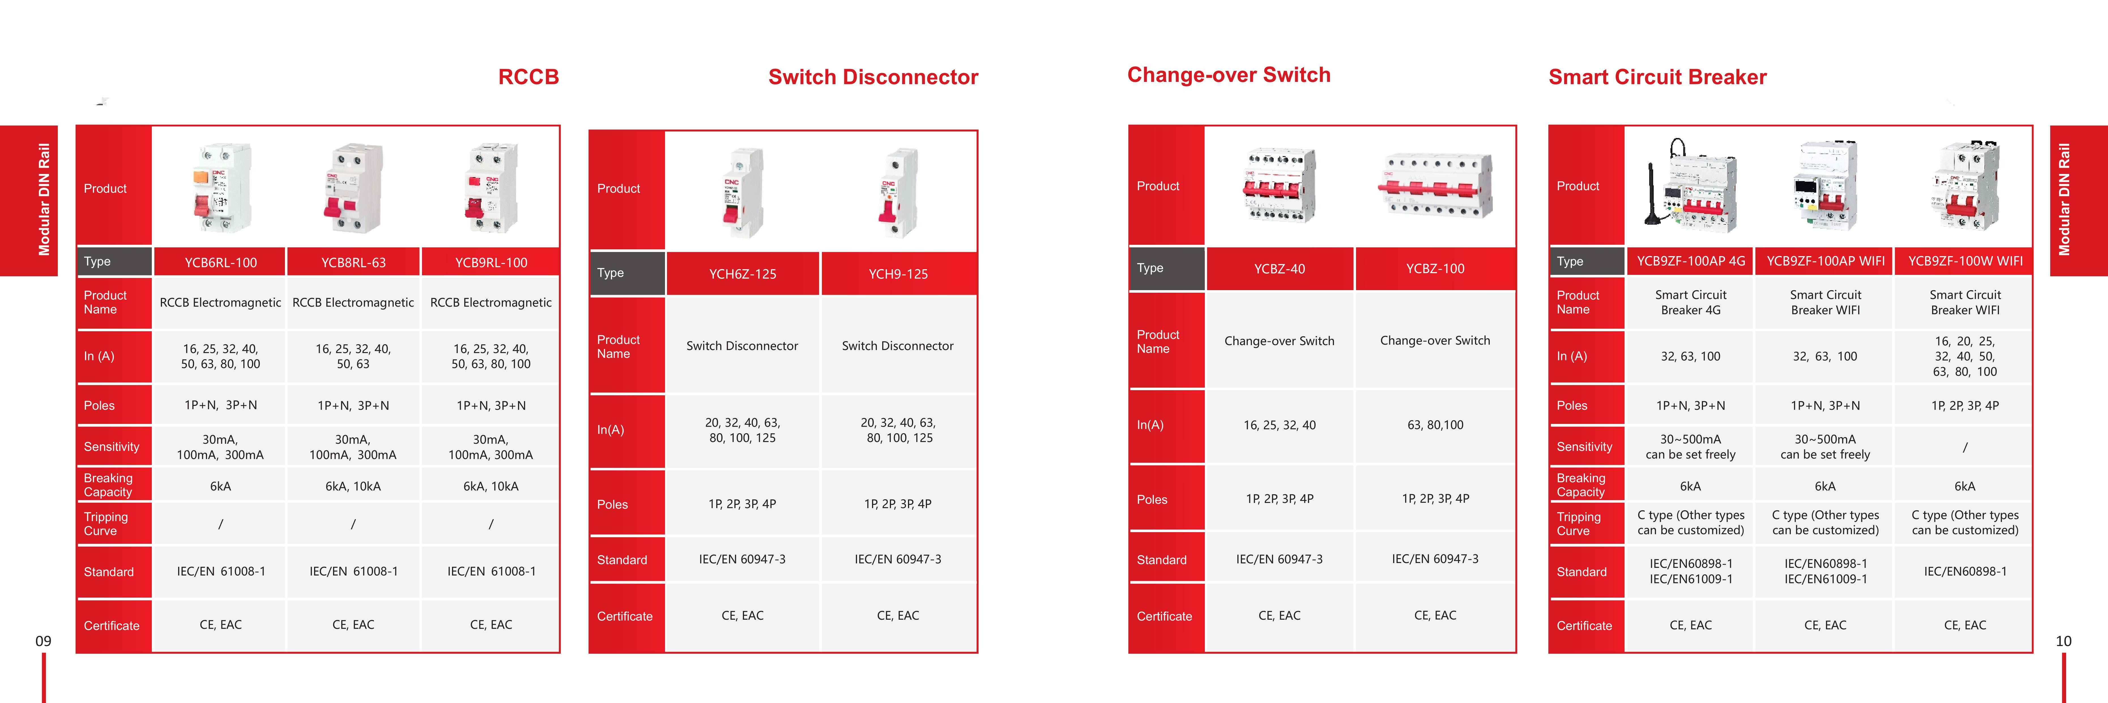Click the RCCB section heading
coord(529,77)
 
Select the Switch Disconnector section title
coord(873,77)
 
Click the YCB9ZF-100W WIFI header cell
coord(1965,261)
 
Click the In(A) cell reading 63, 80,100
coord(1435,425)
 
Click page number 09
coord(43,642)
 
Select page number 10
coord(2064,642)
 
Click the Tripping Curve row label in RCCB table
coord(106,524)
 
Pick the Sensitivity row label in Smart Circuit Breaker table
coord(1584,447)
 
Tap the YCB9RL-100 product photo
coord(491,187)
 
